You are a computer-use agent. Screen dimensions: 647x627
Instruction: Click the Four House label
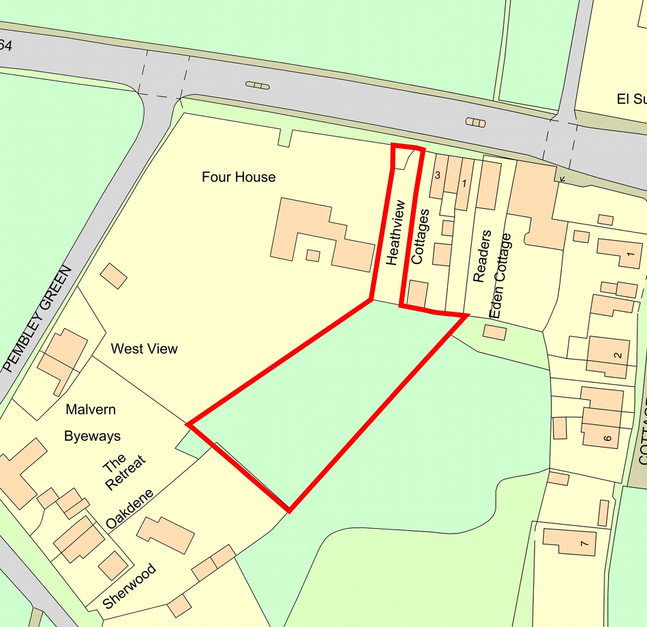click(239, 177)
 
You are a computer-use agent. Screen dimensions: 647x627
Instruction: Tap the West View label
click(144, 349)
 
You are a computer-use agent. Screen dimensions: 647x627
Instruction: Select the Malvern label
click(91, 409)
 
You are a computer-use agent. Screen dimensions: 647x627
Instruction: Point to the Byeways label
click(92, 435)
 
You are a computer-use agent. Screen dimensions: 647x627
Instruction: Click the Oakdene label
click(130, 510)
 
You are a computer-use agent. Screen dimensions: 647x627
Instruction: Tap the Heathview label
click(395, 232)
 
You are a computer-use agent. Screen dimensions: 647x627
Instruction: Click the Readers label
click(482, 257)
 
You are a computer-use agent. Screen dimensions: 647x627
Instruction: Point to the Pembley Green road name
click(37, 319)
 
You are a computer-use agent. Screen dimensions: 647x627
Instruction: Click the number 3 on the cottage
click(437, 175)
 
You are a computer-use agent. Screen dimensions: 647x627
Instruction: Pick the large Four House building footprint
click(320, 235)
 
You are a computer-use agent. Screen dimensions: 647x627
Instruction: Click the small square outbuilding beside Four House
click(313, 256)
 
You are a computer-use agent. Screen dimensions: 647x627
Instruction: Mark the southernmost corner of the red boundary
click(289, 510)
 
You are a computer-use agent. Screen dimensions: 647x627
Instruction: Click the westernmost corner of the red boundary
click(188, 425)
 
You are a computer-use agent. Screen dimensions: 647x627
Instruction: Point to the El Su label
click(631, 100)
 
